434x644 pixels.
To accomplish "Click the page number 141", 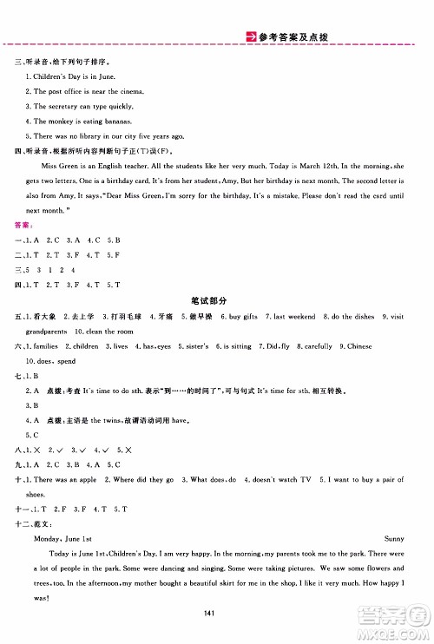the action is (216, 614).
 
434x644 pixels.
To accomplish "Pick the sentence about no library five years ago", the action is (107, 136).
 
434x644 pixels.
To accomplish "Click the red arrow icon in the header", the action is (246, 36).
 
